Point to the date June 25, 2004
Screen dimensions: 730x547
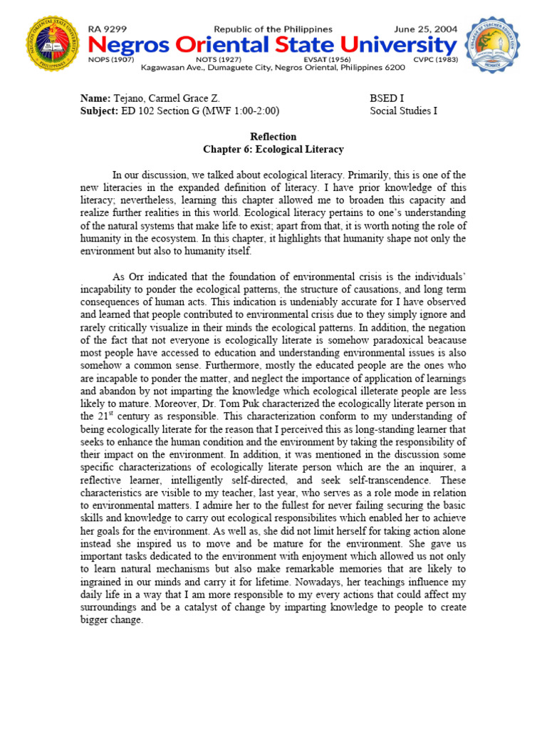click(x=423, y=29)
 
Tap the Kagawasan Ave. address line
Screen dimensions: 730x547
click(x=273, y=67)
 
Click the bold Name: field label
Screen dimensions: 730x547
click(x=95, y=98)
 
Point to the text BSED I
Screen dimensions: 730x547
click(x=387, y=98)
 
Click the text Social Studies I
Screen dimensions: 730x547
click(x=404, y=110)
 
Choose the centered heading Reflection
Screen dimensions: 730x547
click(x=273, y=136)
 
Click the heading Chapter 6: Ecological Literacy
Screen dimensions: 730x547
click(x=273, y=149)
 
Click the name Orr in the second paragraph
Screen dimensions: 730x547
click(x=137, y=276)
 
